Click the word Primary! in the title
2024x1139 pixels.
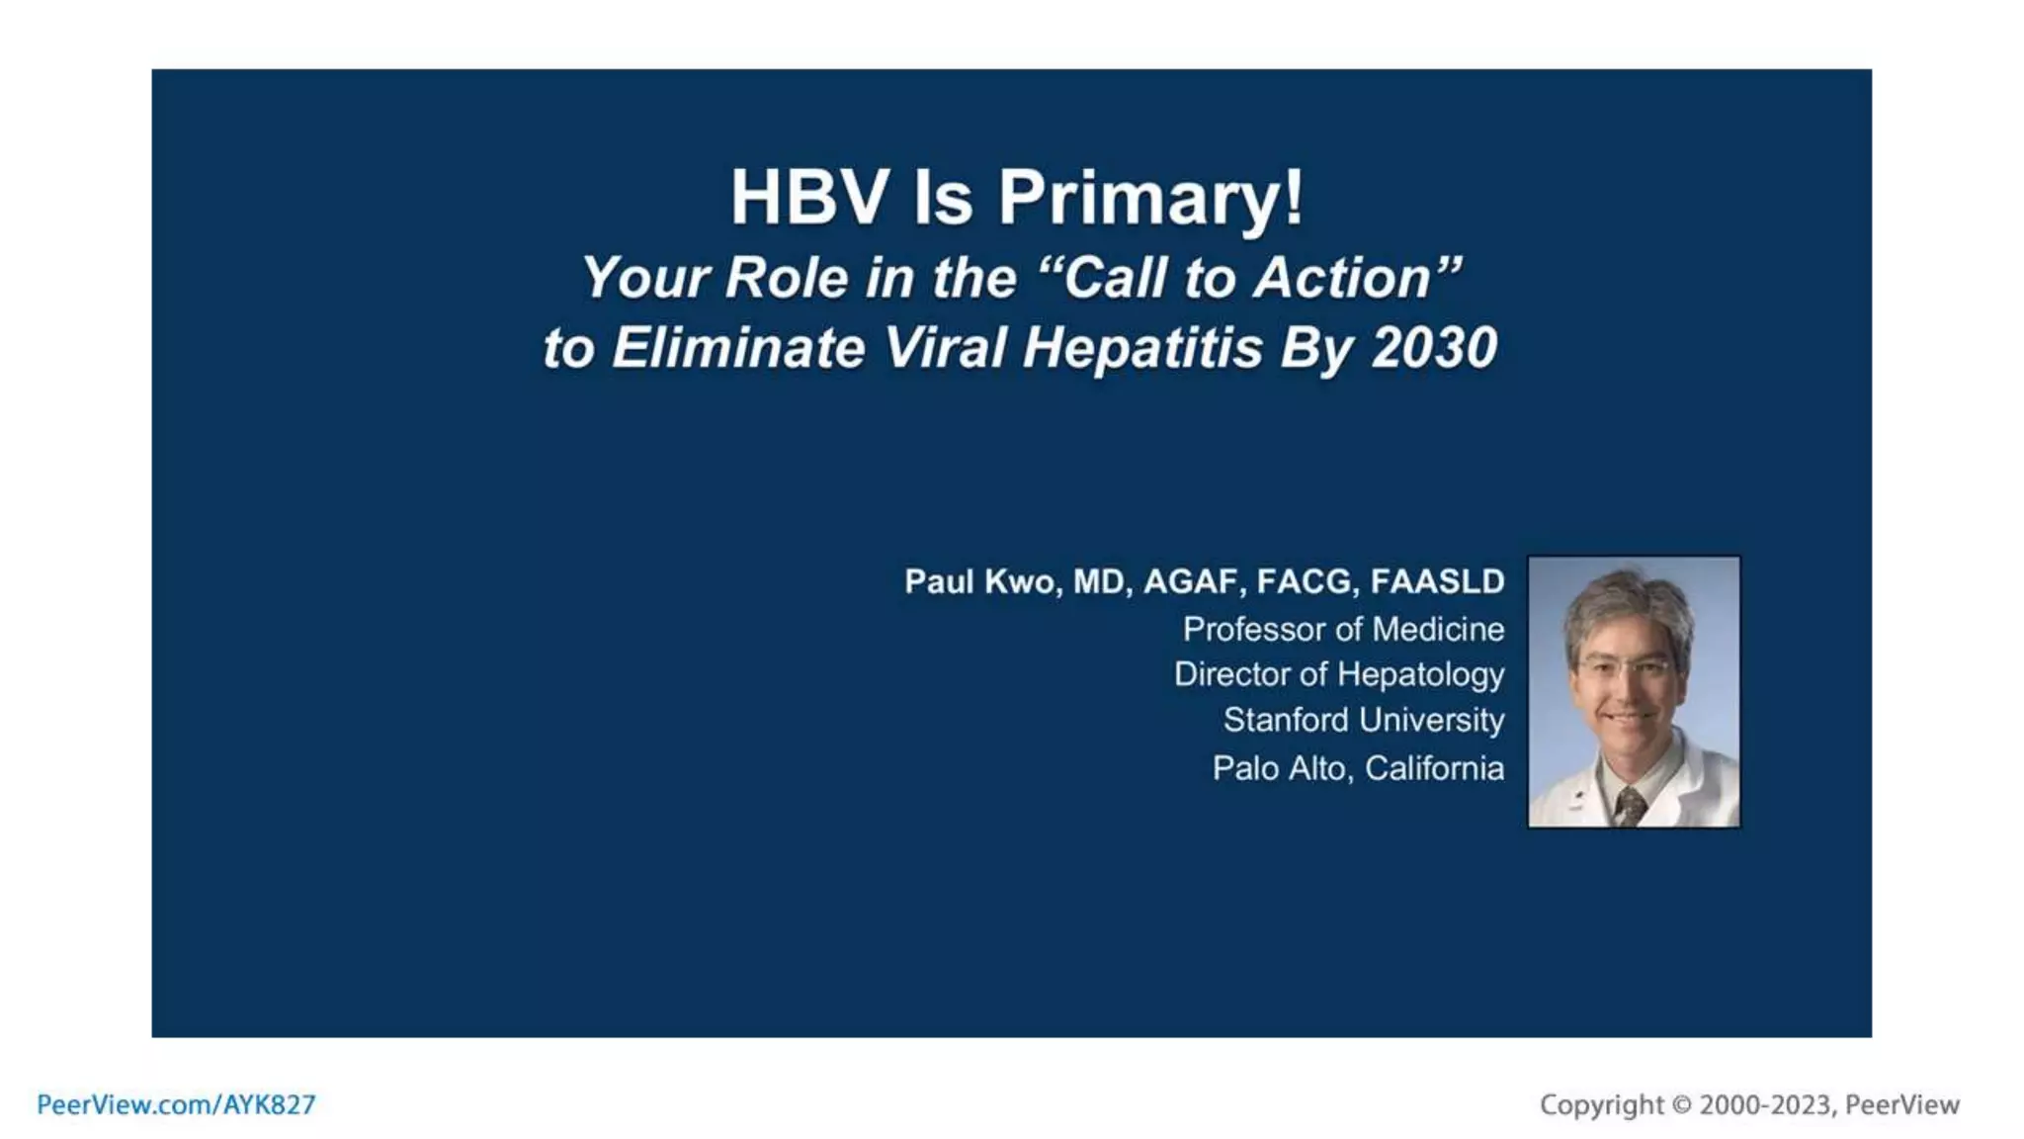coord(1150,198)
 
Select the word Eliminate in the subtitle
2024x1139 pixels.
coord(738,348)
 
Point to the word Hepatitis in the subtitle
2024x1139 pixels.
coord(1142,348)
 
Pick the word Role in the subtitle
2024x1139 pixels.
coord(786,278)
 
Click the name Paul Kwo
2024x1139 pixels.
coord(980,581)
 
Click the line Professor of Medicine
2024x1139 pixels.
coord(1343,629)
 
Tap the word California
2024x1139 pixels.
coord(1434,768)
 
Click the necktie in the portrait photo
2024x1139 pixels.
coord(1628,806)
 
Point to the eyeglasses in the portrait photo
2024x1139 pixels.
coord(1627,667)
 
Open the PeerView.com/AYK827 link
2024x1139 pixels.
coord(176,1104)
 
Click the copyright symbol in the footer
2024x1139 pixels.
coord(1681,1105)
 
